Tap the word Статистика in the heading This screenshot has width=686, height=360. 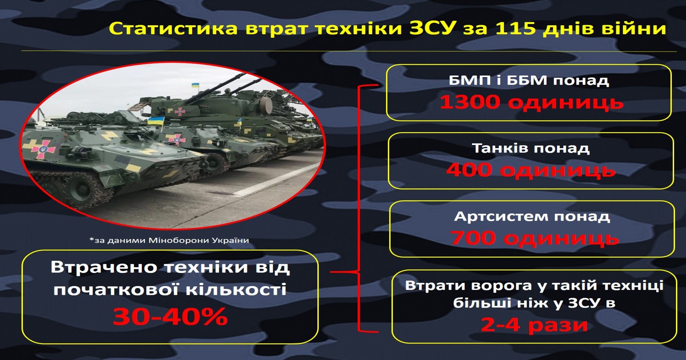point(173,28)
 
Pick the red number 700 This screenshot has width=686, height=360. point(473,238)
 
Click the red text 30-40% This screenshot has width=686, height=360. point(170,316)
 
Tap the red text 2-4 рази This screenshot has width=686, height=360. point(534,325)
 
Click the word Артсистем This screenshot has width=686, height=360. point(500,216)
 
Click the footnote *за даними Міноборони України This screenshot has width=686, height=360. point(169,240)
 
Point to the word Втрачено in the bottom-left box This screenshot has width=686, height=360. point(105,267)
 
